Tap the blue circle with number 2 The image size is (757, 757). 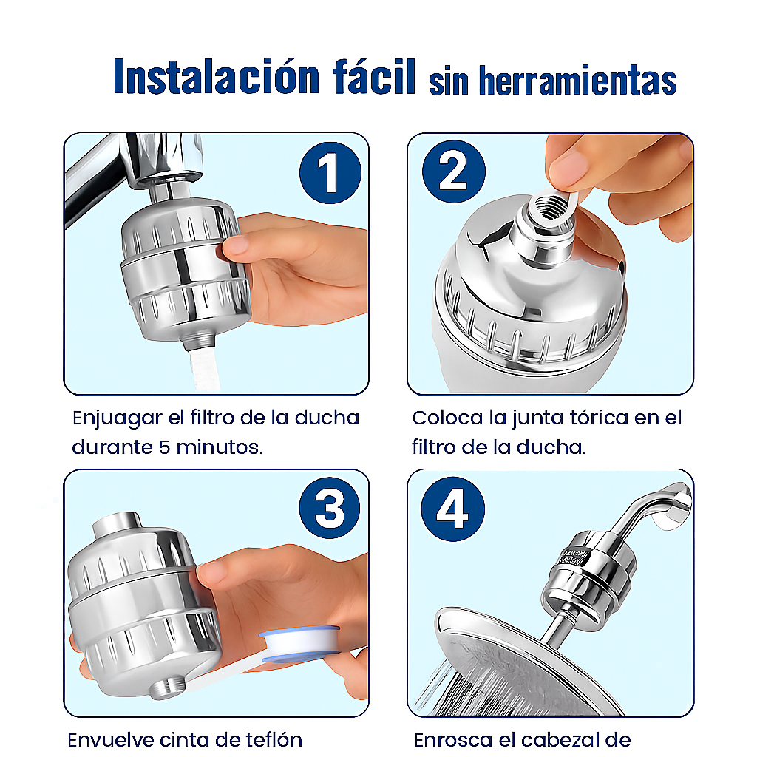453,172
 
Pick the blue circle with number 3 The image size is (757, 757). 330,509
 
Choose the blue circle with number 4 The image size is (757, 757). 452,509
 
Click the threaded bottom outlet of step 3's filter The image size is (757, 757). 164,687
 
